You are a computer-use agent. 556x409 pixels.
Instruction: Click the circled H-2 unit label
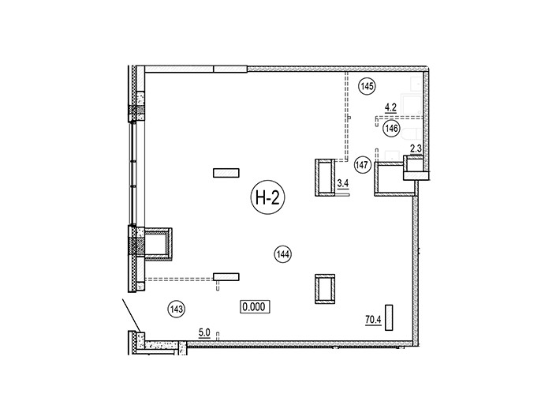(267, 197)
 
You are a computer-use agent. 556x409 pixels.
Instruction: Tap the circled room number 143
(176, 310)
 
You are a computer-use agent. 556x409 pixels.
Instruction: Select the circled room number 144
(283, 254)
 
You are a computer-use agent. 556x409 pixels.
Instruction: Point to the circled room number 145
(367, 86)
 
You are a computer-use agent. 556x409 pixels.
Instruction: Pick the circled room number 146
(391, 128)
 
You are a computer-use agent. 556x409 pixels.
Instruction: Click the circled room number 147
(363, 165)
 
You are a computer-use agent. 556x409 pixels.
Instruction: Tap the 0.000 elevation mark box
(255, 306)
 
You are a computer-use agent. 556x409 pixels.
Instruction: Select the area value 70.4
(373, 320)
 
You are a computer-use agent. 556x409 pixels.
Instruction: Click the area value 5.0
(204, 333)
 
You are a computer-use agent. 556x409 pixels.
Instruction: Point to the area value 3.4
(343, 183)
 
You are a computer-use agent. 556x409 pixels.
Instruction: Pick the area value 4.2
(390, 107)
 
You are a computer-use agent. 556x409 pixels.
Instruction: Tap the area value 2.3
(416, 148)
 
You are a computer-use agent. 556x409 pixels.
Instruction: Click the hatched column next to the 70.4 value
(389, 317)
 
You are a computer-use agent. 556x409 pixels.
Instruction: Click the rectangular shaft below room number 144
(325, 289)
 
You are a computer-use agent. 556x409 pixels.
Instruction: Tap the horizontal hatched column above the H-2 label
(226, 173)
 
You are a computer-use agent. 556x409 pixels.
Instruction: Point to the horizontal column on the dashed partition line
(226, 276)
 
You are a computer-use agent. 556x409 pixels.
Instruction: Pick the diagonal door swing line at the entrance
(131, 315)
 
